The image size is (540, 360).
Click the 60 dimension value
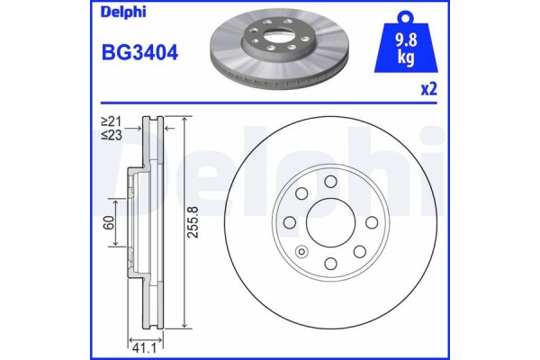(x=109, y=223)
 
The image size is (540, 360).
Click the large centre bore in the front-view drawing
(x=329, y=223)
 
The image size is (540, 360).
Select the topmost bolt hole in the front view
(x=329, y=184)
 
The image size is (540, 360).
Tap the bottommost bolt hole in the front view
(x=329, y=263)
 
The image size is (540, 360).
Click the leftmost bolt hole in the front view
(x=290, y=223)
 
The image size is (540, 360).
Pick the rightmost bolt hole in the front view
(x=369, y=223)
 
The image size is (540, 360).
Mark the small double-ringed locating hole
(x=301, y=251)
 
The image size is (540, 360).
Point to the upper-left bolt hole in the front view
(x=301, y=195)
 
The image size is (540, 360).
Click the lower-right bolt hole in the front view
(x=357, y=251)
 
